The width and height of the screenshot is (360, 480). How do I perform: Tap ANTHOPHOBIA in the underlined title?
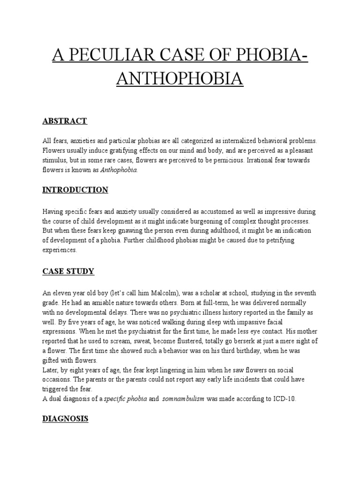tap(180, 78)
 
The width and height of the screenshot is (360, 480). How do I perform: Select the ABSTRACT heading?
tap(65, 121)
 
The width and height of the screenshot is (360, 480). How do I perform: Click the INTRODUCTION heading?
tap(75, 190)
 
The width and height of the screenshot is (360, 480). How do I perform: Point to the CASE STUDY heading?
tap(68, 271)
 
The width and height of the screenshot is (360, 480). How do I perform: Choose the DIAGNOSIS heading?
tap(66, 419)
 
